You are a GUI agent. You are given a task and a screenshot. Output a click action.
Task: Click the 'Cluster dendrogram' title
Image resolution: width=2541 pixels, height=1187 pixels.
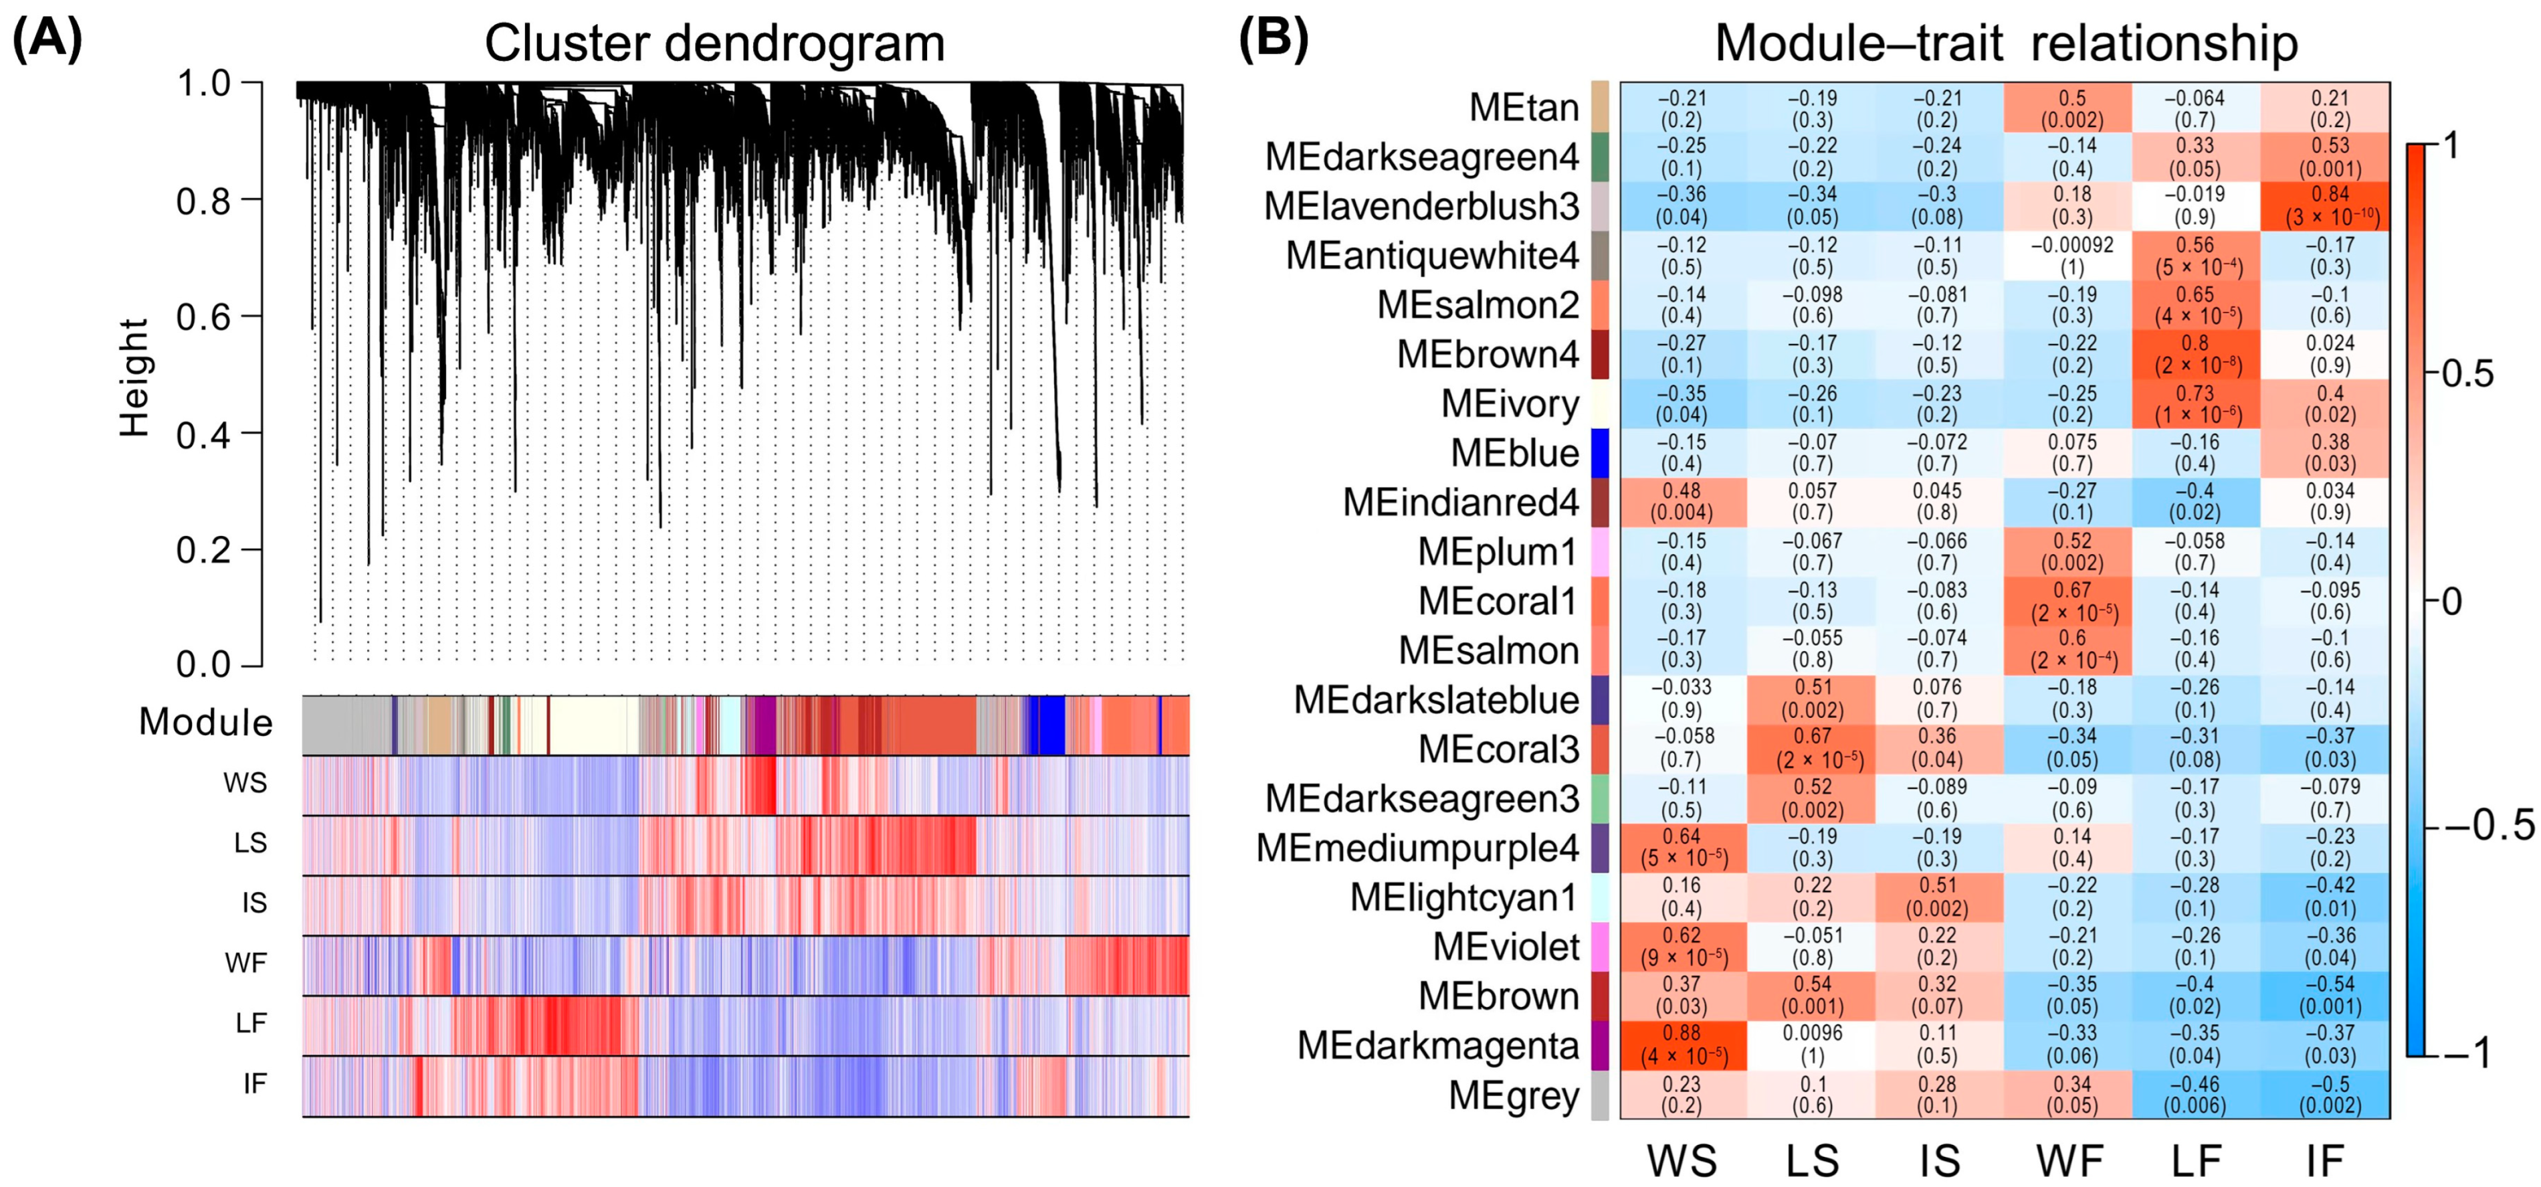[714, 43]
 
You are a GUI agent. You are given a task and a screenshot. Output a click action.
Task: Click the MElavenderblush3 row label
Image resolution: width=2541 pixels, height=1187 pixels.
[1421, 206]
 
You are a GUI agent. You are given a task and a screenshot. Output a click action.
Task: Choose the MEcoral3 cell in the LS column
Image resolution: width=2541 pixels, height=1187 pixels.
[1812, 749]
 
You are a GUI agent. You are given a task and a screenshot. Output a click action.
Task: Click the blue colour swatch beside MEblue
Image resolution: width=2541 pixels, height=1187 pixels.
[1600, 453]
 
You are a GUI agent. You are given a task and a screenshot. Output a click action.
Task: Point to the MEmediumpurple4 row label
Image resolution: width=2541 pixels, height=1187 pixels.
[1417, 848]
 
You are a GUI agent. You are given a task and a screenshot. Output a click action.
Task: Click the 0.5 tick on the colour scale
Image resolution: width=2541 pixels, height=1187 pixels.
[2467, 374]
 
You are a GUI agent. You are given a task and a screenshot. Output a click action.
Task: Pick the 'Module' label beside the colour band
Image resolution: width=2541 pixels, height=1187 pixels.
[205, 722]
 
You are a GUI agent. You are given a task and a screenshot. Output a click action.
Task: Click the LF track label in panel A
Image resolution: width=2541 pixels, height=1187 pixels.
[251, 1023]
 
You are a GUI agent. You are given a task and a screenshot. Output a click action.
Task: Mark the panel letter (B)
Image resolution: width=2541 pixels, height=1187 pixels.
[1272, 39]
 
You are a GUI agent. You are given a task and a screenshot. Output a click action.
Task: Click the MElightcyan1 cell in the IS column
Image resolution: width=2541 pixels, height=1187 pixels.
[1937, 897]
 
